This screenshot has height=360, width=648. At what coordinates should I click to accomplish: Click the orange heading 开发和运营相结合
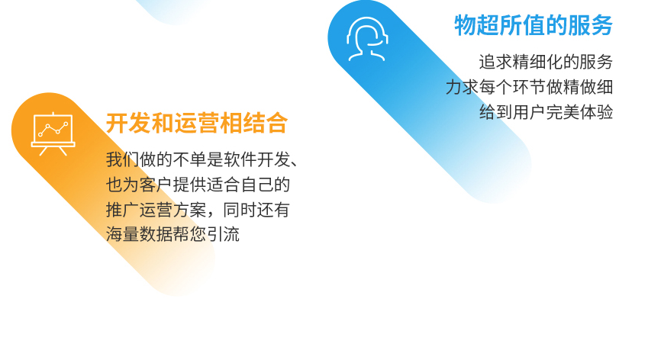197,123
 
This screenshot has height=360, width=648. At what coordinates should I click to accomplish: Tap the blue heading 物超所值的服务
534,25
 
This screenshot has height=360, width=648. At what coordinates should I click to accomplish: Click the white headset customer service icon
367,39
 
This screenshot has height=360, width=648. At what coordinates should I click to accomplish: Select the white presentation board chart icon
53,133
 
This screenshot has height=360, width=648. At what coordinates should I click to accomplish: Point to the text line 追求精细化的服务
546,62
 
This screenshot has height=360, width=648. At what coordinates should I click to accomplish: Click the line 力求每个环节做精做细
529,87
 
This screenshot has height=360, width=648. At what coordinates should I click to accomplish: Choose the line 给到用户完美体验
546,112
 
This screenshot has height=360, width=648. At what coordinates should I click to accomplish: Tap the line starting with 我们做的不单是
201,159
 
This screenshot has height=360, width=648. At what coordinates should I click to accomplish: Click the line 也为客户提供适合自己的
198,185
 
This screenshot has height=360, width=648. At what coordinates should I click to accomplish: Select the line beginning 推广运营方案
198,210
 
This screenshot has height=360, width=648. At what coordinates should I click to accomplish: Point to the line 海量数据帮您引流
172,234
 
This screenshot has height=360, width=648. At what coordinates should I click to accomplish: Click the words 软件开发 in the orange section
257,159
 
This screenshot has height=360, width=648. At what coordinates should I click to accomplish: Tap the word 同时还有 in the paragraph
256,210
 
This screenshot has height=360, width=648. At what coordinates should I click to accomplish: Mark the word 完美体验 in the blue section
579,112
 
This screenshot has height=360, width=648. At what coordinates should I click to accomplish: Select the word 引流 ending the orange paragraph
223,234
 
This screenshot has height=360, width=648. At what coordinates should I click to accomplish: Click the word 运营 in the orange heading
197,123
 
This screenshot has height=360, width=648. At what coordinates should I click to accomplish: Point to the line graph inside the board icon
53,129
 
